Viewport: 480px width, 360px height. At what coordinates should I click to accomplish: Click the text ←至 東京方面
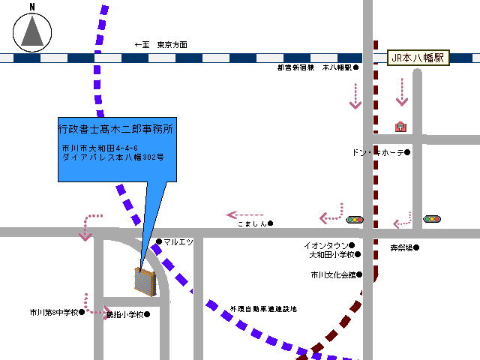coord(160,45)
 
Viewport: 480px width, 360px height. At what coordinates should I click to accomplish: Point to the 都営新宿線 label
coord(295,67)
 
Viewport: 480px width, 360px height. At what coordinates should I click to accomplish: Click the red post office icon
coord(400,127)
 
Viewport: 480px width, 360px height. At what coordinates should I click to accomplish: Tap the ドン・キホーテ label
coord(379,152)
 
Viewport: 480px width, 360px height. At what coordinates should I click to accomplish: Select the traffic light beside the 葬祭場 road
coord(432,219)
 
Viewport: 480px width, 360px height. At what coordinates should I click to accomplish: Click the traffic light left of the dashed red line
coord(354,220)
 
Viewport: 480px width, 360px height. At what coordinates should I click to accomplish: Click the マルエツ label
coord(178,241)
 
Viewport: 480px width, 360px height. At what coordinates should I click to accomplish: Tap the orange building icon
coord(144,280)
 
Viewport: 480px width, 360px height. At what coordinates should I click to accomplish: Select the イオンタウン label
coord(325,245)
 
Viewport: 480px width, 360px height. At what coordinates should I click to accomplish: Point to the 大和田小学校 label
coord(330,255)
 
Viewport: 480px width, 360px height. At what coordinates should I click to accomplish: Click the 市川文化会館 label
coord(333,274)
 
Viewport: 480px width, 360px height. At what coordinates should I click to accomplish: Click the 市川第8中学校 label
coord(54,312)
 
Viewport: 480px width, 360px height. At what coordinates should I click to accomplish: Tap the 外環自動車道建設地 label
coord(263,309)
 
